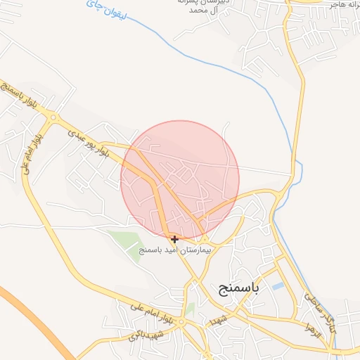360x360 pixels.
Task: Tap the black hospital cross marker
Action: click(174, 239)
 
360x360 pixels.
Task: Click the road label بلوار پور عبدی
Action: click(89, 141)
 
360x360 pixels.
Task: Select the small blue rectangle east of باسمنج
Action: click(278, 287)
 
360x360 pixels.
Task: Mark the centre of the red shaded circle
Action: click(180, 180)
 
